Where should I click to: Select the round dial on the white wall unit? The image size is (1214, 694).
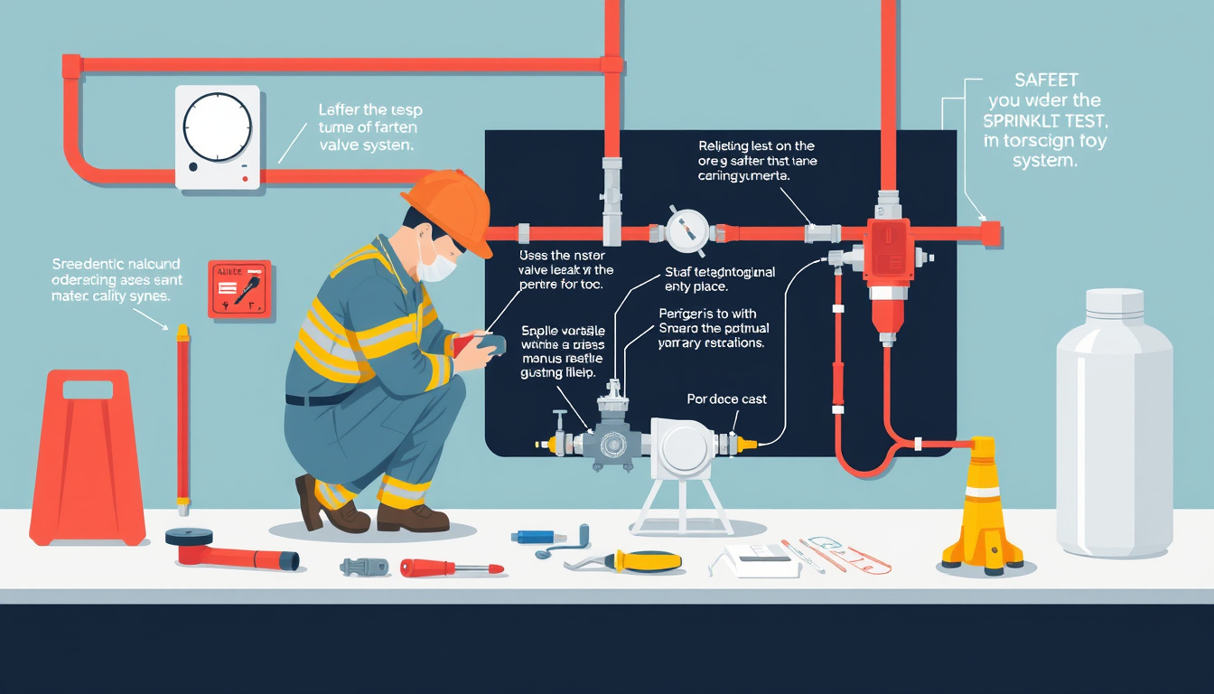pos(217,127)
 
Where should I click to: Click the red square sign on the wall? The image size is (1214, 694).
pos(239,289)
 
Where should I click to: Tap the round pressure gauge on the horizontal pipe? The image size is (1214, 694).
pos(686,231)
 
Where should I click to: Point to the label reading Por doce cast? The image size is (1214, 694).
pos(726,399)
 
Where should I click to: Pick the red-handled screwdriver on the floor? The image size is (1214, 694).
pos(451,567)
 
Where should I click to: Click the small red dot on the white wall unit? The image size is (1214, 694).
pos(245,178)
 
